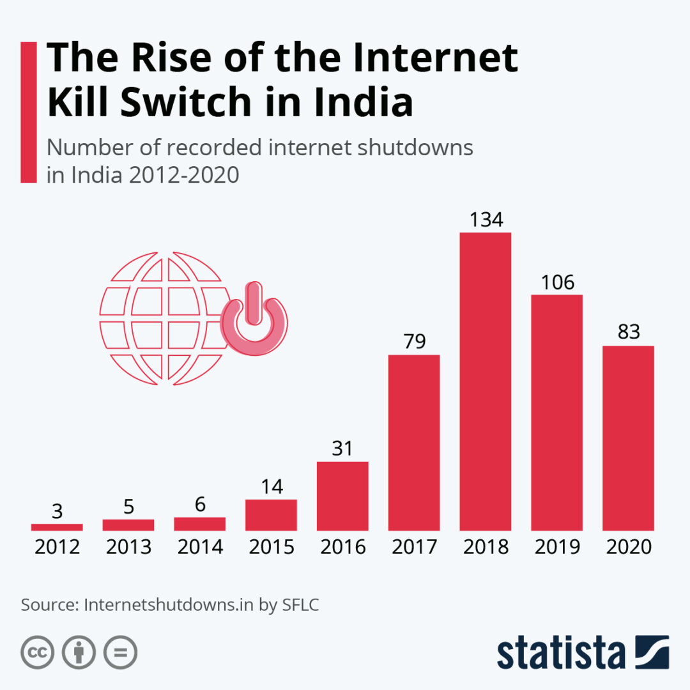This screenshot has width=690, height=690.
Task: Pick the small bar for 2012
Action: pyautogui.click(x=57, y=527)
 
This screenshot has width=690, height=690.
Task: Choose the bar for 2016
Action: pyautogui.click(x=342, y=496)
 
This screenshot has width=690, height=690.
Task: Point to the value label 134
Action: pyautogui.click(x=486, y=220)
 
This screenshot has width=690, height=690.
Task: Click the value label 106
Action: pyautogui.click(x=557, y=282)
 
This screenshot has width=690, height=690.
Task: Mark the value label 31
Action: pyautogui.click(x=343, y=448)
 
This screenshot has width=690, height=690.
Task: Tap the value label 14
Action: pyautogui.click(x=272, y=486)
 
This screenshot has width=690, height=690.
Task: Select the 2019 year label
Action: pyautogui.click(x=557, y=548)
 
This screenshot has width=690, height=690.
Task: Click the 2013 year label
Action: pyautogui.click(x=128, y=548)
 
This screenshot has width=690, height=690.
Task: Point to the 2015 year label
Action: pyautogui.click(x=272, y=548)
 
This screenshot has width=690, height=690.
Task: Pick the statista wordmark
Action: pyautogui.click(x=562, y=654)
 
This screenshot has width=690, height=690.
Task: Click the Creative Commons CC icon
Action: pyautogui.click(x=37, y=652)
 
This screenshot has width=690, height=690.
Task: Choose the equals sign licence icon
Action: pyautogui.click(x=120, y=652)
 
